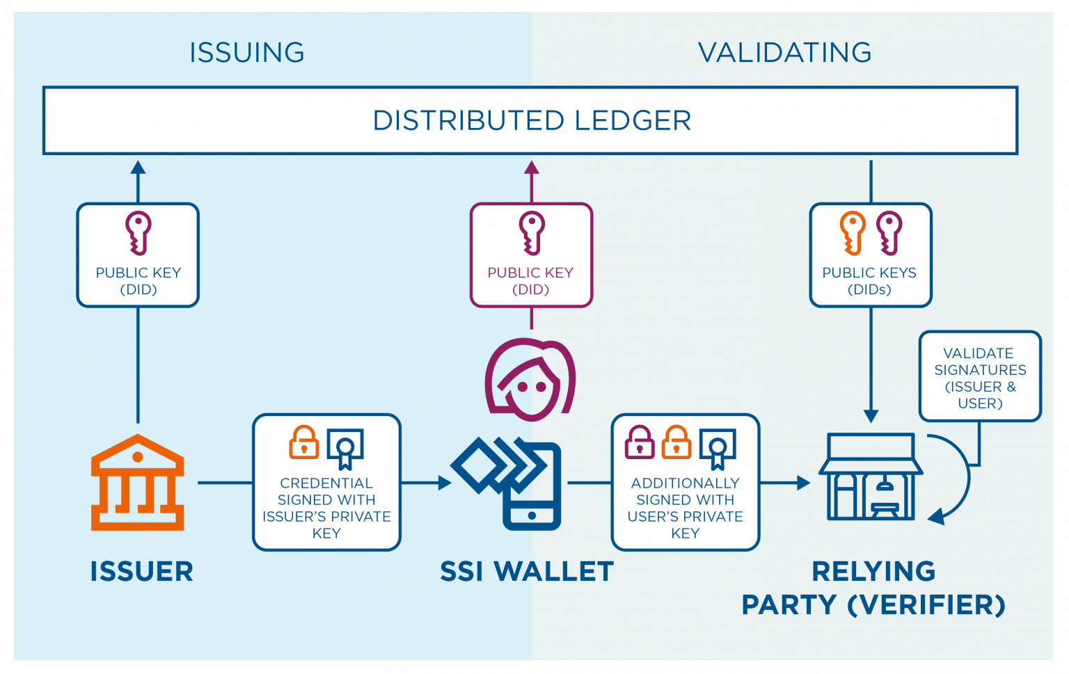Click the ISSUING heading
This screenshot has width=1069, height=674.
[247, 53]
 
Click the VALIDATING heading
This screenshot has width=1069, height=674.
[784, 53]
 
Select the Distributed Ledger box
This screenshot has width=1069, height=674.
[530, 120]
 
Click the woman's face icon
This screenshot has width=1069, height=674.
[530, 379]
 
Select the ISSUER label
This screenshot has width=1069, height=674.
[141, 572]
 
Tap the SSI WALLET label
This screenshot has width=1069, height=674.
[527, 572]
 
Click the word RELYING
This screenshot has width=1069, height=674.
[873, 572]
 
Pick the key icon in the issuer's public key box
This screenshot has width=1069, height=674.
[138, 233]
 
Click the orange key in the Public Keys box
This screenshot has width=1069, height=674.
[853, 233]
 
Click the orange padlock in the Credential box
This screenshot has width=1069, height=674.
[304, 442]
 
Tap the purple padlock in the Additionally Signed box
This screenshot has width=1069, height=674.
[640, 442]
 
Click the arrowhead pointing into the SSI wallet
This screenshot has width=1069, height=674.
[445, 483]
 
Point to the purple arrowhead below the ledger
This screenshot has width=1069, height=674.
[532, 168]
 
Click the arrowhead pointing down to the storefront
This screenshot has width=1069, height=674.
[871, 417]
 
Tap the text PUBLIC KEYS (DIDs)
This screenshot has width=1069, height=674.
[869, 281]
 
